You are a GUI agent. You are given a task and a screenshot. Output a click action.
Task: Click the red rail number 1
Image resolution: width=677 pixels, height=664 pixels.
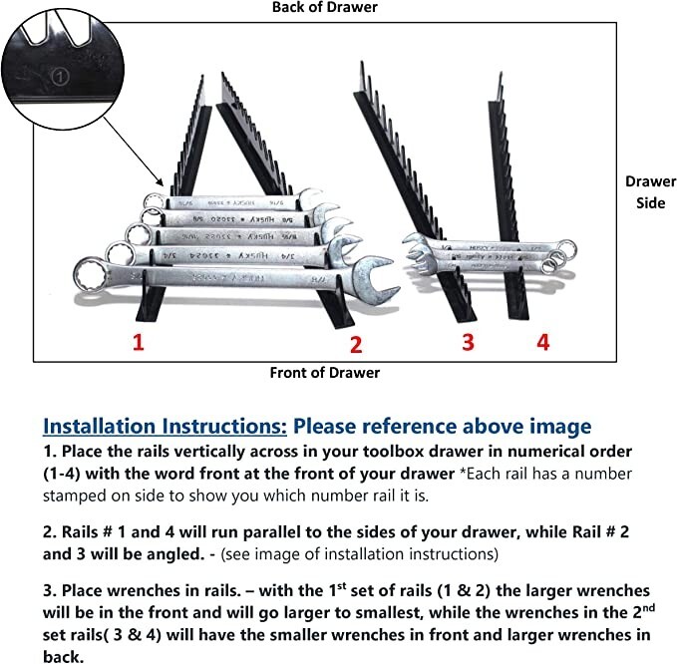coord(139,344)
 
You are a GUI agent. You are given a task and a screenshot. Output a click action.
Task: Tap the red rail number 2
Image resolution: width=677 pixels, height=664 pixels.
coord(355,345)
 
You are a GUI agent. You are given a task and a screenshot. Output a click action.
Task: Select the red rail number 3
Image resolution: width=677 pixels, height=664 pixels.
coord(468,343)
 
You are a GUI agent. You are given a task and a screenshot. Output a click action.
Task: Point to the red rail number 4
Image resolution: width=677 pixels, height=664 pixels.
coord(542,342)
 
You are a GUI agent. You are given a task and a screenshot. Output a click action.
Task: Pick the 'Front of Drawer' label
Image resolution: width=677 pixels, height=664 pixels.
coord(325,373)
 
